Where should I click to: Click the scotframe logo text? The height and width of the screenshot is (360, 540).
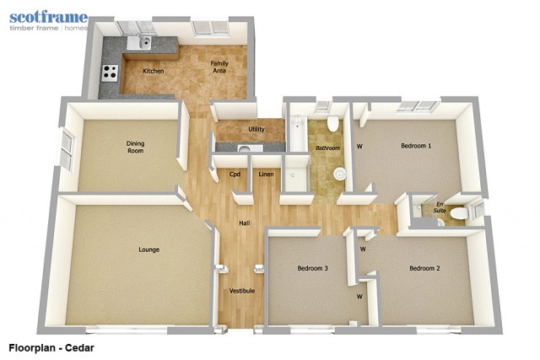tap(49, 18)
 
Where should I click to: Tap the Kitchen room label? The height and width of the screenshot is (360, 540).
tap(154, 71)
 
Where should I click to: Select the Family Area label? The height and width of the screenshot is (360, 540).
tap(219, 67)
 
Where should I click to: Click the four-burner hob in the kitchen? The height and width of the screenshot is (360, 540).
tap(110, 73)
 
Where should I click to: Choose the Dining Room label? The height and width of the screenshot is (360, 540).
tap(135, 147)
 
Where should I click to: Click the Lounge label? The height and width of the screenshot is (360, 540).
tap(148, 250)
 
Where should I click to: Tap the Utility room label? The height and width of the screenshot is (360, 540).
tap(256, 129)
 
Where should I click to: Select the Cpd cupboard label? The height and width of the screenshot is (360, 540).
tap(235, 175)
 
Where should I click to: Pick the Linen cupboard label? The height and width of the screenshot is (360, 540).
tap(267, 175)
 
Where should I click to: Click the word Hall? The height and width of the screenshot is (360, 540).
tap(245, 223)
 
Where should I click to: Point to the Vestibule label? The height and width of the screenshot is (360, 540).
tap(242, 291)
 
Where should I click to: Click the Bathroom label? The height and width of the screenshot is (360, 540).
tap(328, 148)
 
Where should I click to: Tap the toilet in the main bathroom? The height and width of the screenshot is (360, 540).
tap(332, 123)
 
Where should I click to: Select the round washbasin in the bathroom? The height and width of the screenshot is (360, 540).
tap(339, 174)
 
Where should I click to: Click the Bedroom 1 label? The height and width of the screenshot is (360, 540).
tap(416, 146)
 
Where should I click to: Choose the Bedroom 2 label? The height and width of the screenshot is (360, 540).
tap(424, 268)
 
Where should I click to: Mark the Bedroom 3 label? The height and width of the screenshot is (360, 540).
tap(313, 268)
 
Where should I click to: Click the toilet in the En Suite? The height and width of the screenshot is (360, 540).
tap(459, 213)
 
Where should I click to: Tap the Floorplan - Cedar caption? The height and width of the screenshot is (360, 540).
tap(51, 348)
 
